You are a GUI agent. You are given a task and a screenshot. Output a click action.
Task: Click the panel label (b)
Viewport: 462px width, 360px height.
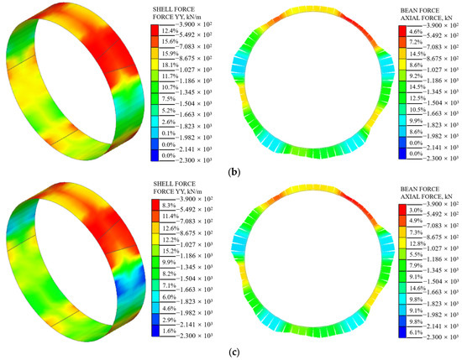point(230,172)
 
